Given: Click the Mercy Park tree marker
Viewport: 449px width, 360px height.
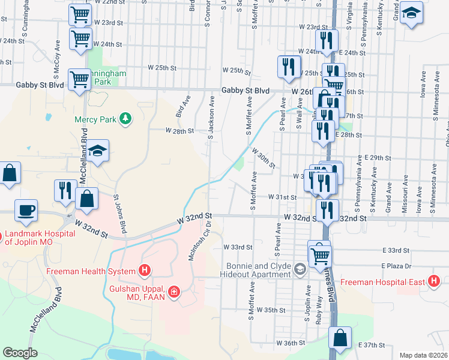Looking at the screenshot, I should click(125, 119).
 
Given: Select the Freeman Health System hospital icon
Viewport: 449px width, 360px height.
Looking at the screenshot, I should click(144, 271).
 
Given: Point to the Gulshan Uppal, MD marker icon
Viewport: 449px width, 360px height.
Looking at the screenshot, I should click(174, 292).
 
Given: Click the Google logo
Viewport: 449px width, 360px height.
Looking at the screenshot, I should click(20, 353).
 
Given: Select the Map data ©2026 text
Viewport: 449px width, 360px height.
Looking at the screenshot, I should click(423, 355).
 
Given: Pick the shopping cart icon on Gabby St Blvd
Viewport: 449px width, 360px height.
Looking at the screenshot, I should click(79, 79).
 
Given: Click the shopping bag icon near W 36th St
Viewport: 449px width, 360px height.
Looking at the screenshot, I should click(340, 338).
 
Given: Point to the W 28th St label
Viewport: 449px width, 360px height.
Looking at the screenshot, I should click(179, 130).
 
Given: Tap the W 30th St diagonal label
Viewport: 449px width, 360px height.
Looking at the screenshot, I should click(263, 158).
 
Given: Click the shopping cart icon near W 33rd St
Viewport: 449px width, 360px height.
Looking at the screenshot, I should click(319, 255).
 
